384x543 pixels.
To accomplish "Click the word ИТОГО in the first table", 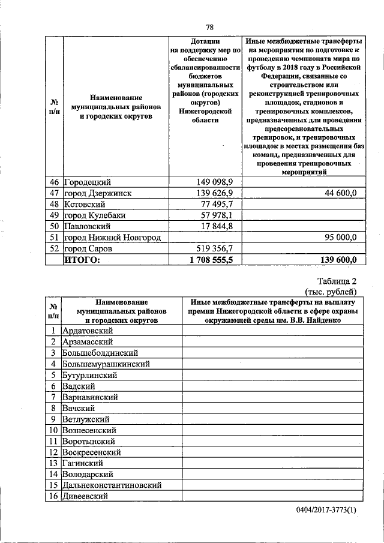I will click(x=82, y=259).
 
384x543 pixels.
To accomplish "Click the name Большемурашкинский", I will click(x=106, y=364).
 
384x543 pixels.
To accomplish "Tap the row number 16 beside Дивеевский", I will click(x=53, y=496).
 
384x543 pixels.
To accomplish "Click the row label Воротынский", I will click(x=89, y=441).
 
